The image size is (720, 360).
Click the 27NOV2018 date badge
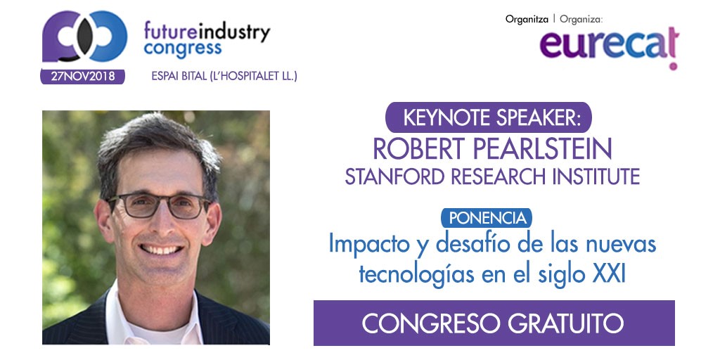coord(83,77)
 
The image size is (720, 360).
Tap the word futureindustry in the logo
coord(207,32)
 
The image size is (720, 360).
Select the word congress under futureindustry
coord(183,49)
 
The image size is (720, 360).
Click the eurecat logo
coord(610,46)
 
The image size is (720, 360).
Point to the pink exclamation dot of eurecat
coord(673,66)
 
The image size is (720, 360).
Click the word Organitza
coord(527,19)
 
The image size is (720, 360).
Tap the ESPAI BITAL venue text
coord(224,76)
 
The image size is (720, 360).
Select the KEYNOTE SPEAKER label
coord(489,117)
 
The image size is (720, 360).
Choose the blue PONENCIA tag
coord(487,218)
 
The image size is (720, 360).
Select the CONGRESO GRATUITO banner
coord(494,323)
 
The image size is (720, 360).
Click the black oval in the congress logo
coord(84,38)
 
